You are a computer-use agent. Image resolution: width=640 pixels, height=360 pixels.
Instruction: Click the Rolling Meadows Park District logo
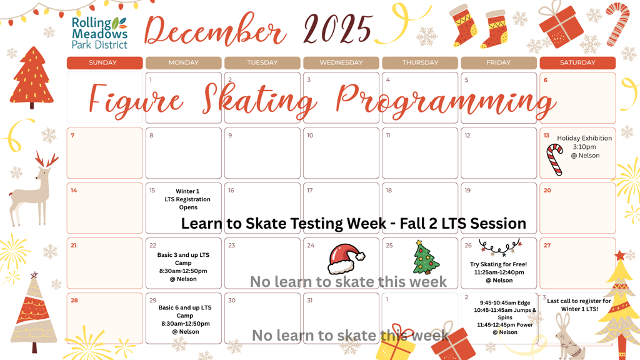(99, 33)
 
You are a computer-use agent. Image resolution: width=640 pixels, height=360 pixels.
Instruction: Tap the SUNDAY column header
(104, 63)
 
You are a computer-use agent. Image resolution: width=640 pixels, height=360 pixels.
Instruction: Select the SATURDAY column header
(577, 63)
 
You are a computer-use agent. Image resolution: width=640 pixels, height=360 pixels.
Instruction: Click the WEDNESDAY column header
(341, 63)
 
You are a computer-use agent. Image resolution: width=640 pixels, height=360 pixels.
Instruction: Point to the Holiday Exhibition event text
(584, 147)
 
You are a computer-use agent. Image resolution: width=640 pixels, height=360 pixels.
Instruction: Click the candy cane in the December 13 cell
(555, 159)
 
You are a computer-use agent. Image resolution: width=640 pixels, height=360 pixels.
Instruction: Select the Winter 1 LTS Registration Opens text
(187, 199)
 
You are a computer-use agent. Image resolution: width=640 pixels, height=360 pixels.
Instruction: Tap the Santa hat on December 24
(346, 259)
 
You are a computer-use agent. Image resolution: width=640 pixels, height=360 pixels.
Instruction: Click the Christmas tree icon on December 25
(426, 257)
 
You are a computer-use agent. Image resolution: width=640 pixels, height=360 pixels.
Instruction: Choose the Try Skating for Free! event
(499, 272)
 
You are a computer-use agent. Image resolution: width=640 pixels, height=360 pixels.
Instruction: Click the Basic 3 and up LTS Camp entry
(183, 267)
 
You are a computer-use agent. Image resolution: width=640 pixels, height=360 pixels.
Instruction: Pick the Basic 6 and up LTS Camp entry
(185, 319)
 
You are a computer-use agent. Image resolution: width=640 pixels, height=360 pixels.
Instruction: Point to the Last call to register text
(579, 305)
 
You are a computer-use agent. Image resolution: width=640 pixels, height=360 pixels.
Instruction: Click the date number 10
(310, 136)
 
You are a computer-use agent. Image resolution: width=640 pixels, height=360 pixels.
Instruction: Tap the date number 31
(310, 301)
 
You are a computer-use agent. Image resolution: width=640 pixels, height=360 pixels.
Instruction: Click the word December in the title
(215, 30)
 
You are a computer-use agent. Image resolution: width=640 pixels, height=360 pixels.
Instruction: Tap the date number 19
(467, 191)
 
